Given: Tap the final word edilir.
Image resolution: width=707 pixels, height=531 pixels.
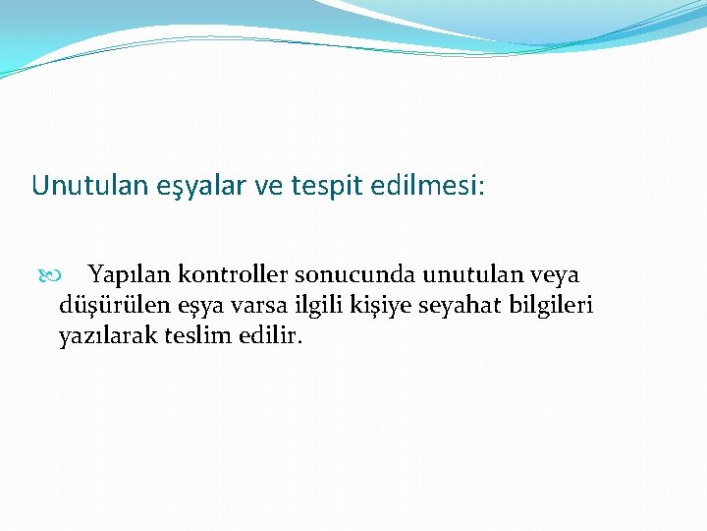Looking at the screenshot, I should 269,335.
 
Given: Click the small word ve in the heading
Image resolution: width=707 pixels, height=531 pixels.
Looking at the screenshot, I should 266,186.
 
